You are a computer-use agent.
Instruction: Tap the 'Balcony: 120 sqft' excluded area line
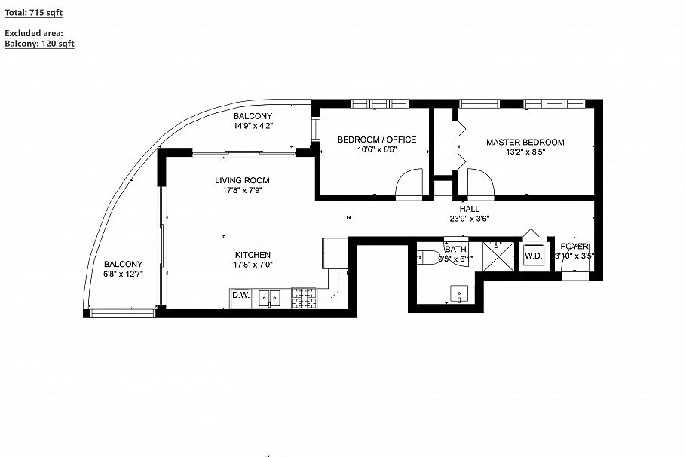tap(39, 44)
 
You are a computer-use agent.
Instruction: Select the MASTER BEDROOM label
tap(525, 142)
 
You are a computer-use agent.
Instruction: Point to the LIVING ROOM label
tap(242, 180)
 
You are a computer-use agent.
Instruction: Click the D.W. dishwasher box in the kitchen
tap(240, 295)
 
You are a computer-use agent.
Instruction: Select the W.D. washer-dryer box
tap(534, 256)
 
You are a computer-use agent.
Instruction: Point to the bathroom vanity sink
tap(458, 293)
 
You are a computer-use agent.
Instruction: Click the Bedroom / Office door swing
tap(412, 184)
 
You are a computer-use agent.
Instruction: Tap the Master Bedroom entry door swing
tap(480, 183)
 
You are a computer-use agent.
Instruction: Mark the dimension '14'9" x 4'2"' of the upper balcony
tap(253, 126)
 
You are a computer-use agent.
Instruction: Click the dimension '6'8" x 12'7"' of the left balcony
tap(123, 275)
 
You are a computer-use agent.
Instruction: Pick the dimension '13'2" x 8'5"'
tap(525, 152)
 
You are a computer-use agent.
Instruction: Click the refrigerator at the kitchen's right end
tap(335, 253)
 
